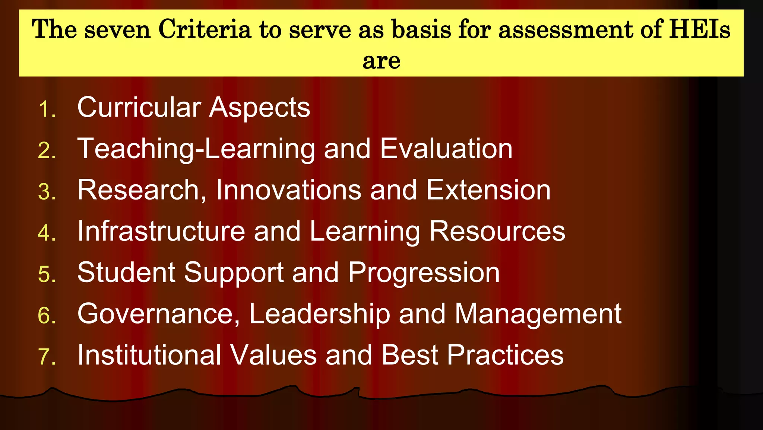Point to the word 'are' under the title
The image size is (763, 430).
click(381, 60)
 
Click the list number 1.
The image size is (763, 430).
click(47, 109)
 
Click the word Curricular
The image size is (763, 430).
click(139, 107)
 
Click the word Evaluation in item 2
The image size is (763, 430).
click(446, 149)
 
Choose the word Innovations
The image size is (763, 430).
click(289, 190)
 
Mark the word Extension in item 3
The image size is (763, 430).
click(488, 190)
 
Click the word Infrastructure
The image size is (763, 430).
click(161, 231)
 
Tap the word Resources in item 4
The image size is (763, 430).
click(497, 231)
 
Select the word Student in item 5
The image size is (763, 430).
click(126, 272)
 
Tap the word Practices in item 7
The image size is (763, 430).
click(505, 355)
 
